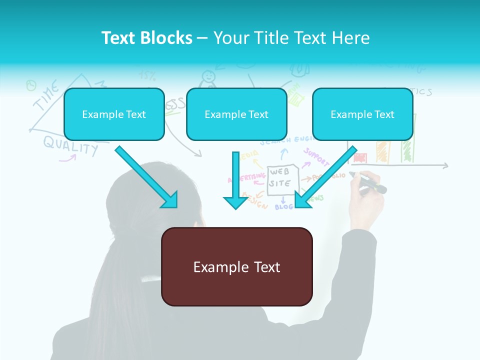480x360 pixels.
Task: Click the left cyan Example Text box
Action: click(114, 114)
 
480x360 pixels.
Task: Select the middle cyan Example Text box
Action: click(236, 114)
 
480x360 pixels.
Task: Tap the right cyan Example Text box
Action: click(362, 114)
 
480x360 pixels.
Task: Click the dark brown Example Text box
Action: click(236, 266)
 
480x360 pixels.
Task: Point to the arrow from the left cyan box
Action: click(146, 176)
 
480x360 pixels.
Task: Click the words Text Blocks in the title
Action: click(146, 38)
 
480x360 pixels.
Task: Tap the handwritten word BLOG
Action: click(283, 206)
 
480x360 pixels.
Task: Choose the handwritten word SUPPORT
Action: click(316, 156)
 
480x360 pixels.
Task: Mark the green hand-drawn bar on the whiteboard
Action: click(407, 147)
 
